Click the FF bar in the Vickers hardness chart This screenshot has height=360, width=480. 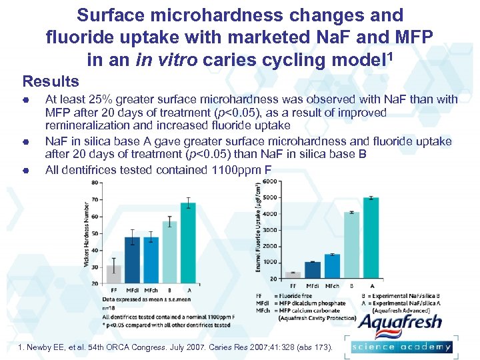pyautogui.click(x=114, y=274)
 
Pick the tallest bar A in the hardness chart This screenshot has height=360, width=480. pyautogui.click(x=188, y=243)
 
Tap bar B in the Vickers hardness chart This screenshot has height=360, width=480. pyautogui.click(x=169, y=252)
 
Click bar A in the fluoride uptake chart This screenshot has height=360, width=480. pyautogui.click(x=371, y=237)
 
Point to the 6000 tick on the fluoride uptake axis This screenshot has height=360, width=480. pyautogui.click(x=270, y=182)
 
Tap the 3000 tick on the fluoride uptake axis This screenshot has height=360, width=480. pyautogui.click(x=270, y=230)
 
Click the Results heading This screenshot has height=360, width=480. pyautogui.click(x=51, y=82)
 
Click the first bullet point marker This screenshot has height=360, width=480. pyautogui.click(x=24, y=100)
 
